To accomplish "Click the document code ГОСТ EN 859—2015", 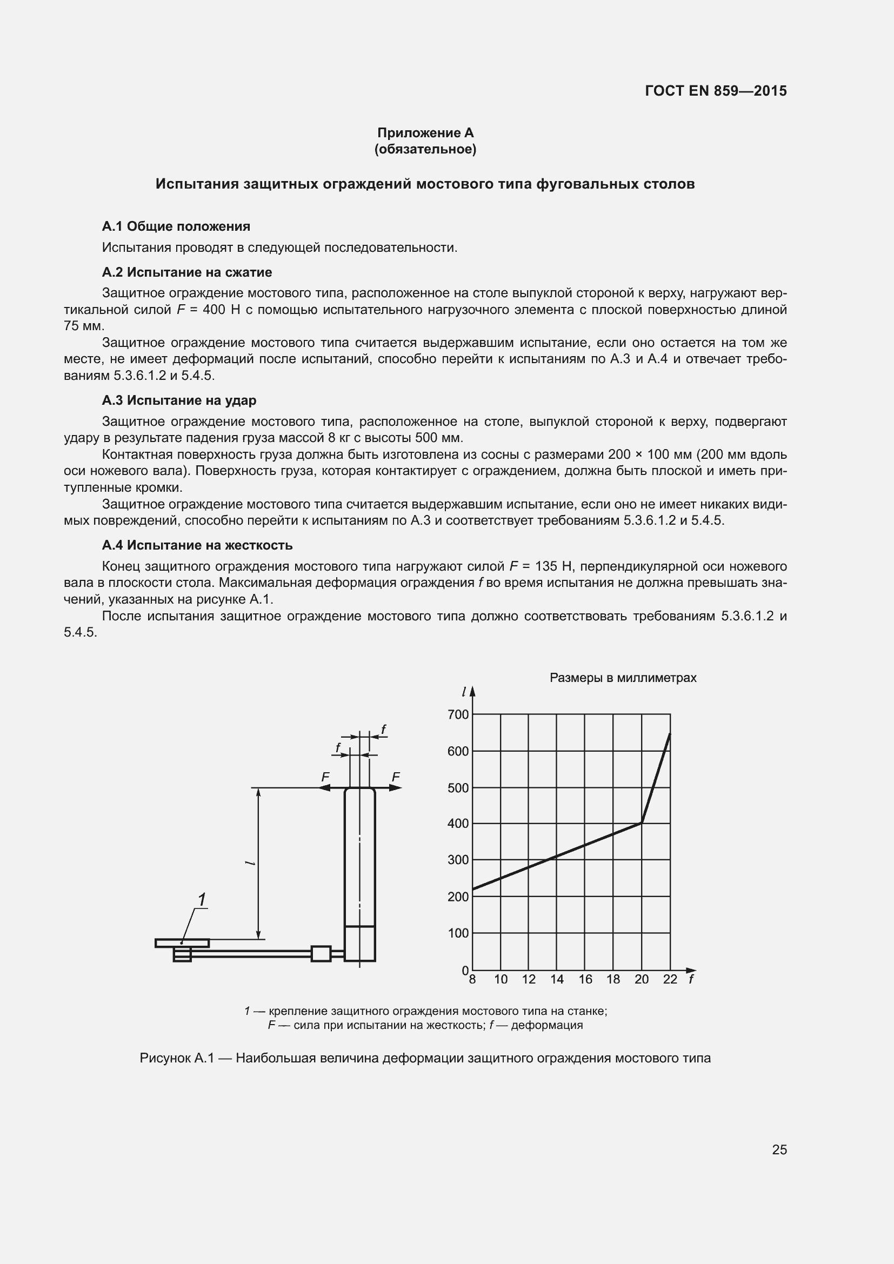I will [716, 91].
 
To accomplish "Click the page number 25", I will [779, 1149].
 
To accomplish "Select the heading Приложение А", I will [425, 133].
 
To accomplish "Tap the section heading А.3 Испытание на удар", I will [179, 400].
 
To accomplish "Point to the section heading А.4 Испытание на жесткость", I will [197, 545].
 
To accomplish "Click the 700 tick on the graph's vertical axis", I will [458, 714].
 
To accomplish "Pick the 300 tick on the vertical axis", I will [458, 860].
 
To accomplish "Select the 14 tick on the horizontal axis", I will [557, 979].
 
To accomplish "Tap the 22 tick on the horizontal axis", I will [670, 979].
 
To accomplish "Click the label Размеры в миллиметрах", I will [623, 678].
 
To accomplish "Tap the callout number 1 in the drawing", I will [202, 900].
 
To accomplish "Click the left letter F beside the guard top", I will [325, 777].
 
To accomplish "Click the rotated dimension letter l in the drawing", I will [251, 862].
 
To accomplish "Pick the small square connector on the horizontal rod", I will [321, 953].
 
